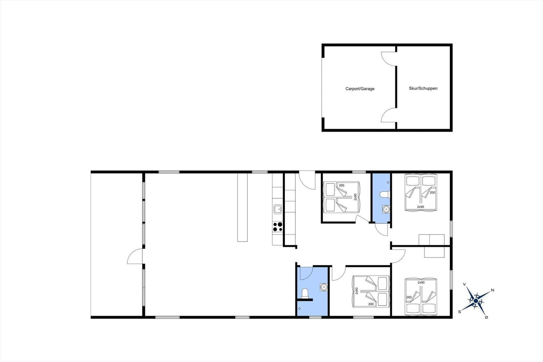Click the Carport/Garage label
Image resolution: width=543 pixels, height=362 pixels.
(x=360, y=89)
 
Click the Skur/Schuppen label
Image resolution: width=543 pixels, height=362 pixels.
(x=423, y=88)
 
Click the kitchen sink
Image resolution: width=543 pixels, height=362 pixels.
(x=278, y=209)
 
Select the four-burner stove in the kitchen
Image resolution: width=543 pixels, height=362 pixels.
(x=278, y=227)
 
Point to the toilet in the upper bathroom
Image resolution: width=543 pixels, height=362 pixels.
(x=385, y=195)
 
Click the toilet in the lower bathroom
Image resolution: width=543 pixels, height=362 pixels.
(x=305, y=293)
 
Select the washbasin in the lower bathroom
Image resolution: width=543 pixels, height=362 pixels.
(x=324, y=287)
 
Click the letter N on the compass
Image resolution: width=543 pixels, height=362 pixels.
(x=492, y=290)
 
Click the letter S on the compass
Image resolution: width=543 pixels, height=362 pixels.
(x=460, y=312)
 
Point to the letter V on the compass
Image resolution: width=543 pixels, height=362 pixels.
(x=464, y=284)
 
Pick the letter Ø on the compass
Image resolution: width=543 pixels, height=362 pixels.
(x=486, y=317)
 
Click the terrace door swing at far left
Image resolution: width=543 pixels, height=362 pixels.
(x=135, y=256)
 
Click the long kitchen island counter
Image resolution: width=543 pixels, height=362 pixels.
(x=242, y=207)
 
